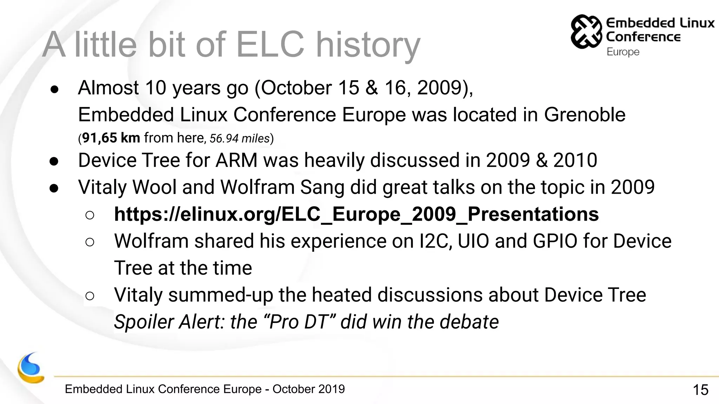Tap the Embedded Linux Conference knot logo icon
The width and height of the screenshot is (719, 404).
(586, 32)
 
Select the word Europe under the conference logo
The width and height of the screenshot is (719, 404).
(623, 52)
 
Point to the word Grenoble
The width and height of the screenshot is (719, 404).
(585, 115)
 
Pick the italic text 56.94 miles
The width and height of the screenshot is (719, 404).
(239, 139)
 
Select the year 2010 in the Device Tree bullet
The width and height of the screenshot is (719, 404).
(575, 160)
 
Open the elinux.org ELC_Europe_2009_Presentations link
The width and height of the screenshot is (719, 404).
(356, 214)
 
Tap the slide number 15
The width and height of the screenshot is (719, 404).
(700, 390)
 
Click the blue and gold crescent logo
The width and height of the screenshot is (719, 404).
(31, 368)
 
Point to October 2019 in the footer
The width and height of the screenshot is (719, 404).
(309, 389)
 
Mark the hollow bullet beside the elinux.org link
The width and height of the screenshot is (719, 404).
(90, 215)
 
